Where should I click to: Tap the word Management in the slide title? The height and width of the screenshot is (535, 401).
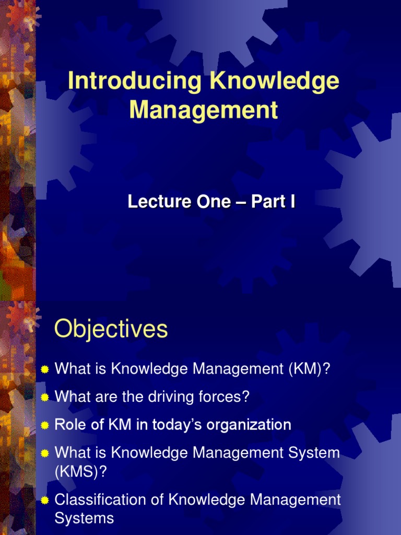(x=204, y=110)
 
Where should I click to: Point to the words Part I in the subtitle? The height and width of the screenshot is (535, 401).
(x=273, y=202)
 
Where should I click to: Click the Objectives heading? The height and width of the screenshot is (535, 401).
(x=111, y=330)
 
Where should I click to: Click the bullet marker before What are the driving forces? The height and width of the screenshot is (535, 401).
(x=45, y=398)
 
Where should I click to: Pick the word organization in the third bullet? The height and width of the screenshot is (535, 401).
(x=249, y=425)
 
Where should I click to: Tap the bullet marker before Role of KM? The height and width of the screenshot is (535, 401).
(x=45, y=425)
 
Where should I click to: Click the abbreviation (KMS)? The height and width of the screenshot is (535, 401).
(x=81, y=472)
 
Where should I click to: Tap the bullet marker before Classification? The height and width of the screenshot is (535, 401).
(x=45, y=501)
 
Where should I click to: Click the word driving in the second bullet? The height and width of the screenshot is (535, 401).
(x=172, y=397)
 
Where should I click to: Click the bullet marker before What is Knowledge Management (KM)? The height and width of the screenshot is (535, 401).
(x=45, y=370)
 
